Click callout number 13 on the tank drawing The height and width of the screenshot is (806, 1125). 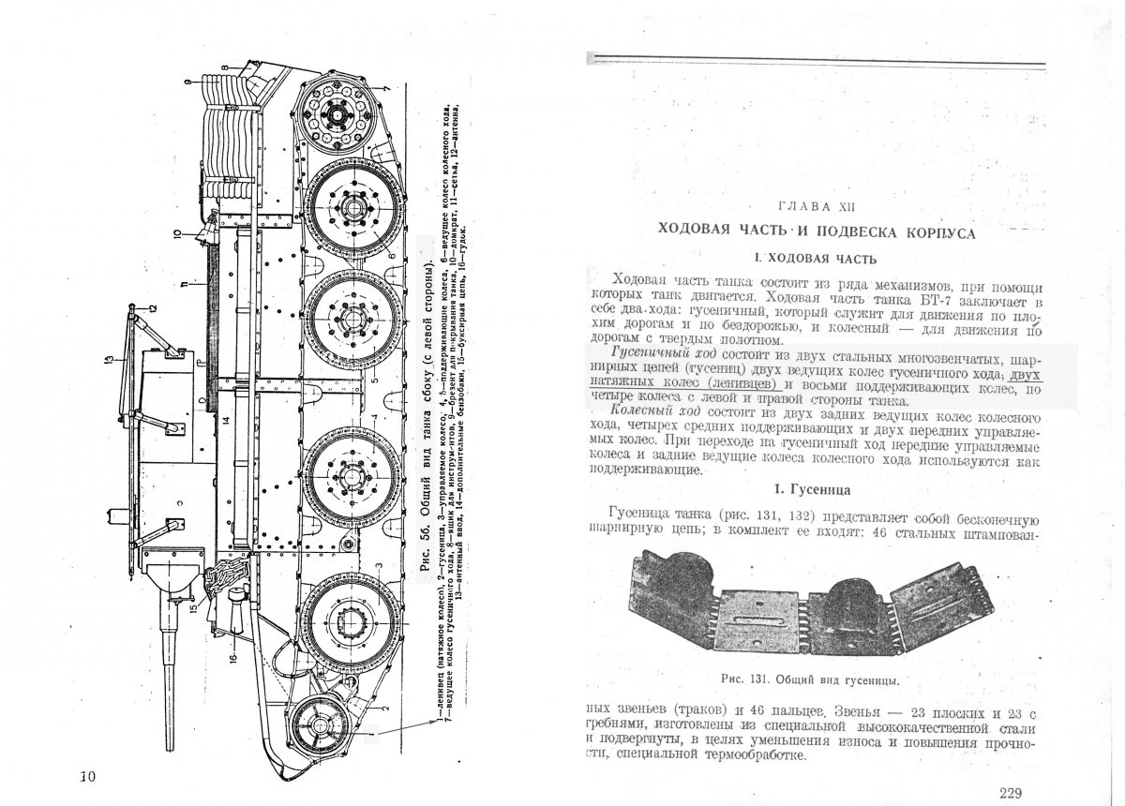click(x=109, y=358)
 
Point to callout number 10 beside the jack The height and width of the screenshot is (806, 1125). click(x=175, y=231)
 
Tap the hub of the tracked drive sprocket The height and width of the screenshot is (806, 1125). click(x=335, y=113)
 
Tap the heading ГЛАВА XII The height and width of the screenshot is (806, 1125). click(x=816, y=205)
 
